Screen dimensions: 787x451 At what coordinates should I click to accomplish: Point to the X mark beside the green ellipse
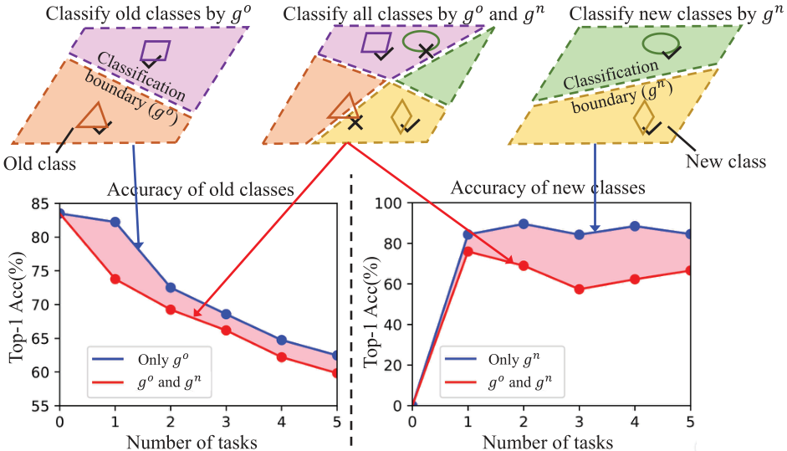click(x=427, y=50)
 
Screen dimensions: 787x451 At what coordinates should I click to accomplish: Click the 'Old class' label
click(x=39, y=164)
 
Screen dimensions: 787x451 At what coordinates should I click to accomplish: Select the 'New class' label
click(x=726, y=161)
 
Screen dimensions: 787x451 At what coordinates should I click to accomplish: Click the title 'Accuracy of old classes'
click(x=200, y=189)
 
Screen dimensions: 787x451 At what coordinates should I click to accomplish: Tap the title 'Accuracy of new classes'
click(x=548, y=187)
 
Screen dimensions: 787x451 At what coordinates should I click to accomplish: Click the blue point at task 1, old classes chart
click(x=115, y=222)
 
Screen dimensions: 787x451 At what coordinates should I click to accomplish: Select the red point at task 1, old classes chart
click(x=115, y=279)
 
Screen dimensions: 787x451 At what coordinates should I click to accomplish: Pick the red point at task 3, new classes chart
click(x=580, y=290)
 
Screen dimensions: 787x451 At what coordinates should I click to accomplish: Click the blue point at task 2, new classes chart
click(x=524, y=224)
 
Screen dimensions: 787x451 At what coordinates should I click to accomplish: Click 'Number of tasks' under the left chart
click(x=192, y=442)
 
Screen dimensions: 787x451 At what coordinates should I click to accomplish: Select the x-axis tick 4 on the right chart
click(x=635, y=420)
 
